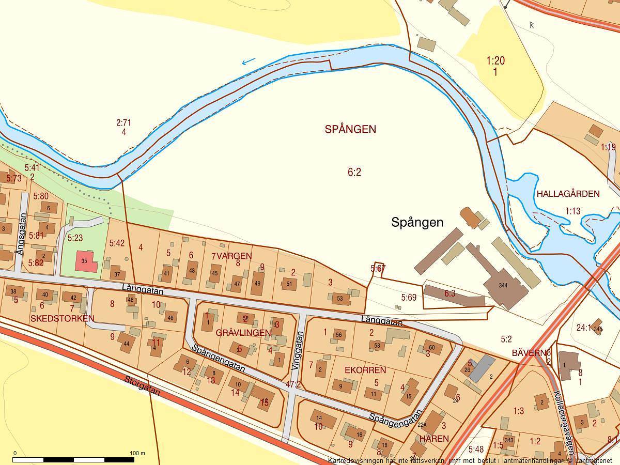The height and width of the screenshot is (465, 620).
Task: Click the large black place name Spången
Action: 417,223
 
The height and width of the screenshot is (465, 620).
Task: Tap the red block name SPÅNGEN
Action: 350,130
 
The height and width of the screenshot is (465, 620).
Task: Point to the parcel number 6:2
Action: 354,173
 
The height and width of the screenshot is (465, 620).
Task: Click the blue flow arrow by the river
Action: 249,61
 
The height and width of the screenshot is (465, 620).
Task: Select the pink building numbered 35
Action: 86,261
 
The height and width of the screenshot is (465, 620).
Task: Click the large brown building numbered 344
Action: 503,286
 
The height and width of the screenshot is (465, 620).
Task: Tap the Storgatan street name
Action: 142,385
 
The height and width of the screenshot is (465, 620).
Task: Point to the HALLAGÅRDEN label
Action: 568,194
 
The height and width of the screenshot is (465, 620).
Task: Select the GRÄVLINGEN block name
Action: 243,333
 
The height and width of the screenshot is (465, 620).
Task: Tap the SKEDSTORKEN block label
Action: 62,318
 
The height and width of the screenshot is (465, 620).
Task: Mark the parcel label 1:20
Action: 495,61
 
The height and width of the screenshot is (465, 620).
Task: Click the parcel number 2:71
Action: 123,123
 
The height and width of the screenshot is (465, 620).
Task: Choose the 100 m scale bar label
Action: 137,453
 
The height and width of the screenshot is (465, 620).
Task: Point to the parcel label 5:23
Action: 75,238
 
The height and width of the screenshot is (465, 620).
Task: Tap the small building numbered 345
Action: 598,328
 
